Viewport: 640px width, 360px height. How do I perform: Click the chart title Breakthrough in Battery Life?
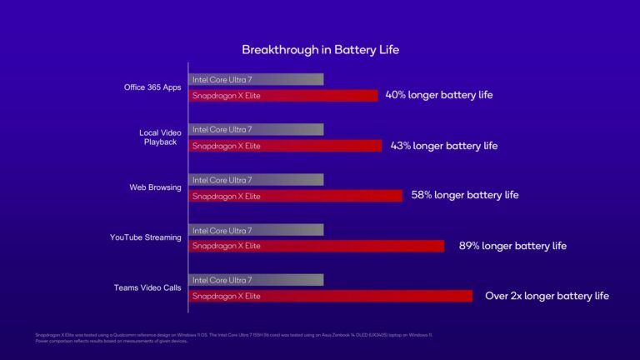pos(320,50)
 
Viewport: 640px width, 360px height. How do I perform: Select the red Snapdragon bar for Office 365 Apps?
pos(283,96)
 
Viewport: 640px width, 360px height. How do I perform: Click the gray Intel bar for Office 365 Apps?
pos(256,79)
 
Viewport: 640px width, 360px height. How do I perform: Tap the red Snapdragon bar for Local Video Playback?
pos(286,146)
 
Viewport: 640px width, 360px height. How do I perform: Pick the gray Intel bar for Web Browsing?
pos(256,180)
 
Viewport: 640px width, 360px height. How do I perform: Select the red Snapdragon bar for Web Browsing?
pos(296,196)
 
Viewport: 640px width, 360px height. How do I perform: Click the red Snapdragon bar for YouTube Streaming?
pos(317,246)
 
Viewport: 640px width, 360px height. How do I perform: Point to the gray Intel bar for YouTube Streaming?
pos(256,230)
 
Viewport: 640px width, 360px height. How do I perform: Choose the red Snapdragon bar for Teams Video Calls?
pos(331,296)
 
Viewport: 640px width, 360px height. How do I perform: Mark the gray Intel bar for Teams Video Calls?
pos(256,280)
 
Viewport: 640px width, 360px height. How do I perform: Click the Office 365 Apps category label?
pos(152,87)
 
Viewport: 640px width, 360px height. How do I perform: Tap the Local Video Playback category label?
pos(159,137)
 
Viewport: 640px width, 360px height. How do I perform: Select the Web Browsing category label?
pos(155,187)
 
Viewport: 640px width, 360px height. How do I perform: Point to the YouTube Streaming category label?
pos(146,237)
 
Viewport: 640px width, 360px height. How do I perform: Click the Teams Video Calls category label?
pos(147,287)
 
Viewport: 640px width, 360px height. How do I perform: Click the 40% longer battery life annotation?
pos(438,95)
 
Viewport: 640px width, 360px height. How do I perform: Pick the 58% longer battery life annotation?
pos(464,195)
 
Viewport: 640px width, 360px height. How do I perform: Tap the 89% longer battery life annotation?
pos(512,246)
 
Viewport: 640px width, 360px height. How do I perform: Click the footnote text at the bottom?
pos(225,337)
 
